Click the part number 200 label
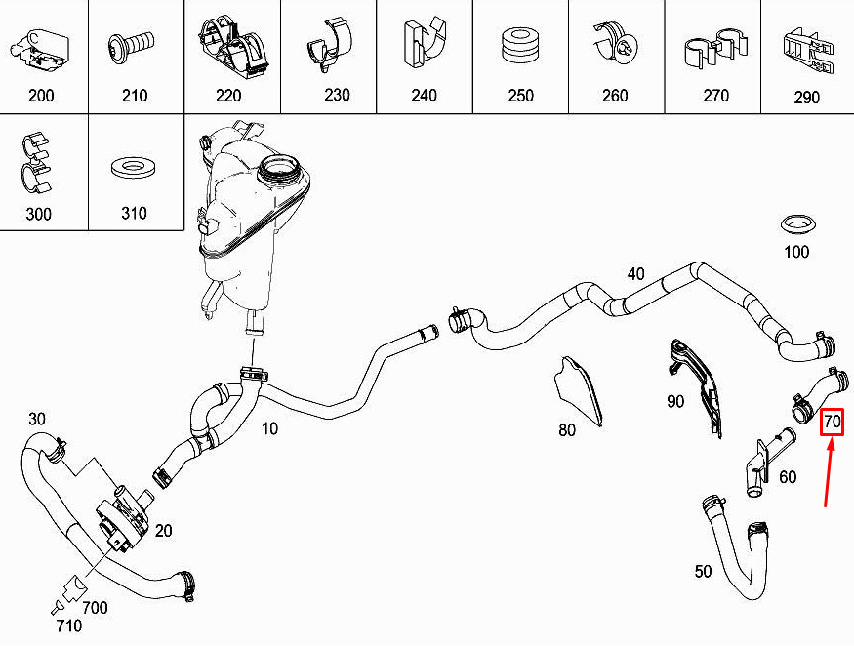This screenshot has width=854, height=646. [41, 96]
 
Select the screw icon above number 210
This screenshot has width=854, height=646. [132, 47]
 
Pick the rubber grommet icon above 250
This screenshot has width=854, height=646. [520, 46]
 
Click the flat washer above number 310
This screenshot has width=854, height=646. [134, 168]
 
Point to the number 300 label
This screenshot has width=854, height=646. [38, 213]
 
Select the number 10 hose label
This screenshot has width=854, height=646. [269, 428]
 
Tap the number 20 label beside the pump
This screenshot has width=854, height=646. [163, 530]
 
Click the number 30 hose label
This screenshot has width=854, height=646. [36, 419]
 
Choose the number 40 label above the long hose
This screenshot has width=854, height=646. [635, 273]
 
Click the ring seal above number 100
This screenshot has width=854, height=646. [798, 223]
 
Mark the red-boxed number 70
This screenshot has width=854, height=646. [833, 422]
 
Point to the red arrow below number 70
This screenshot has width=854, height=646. [829, 471]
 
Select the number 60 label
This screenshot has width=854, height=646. [788, 477]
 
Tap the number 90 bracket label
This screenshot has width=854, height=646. [674, 401]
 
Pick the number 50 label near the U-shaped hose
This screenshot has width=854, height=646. [703, 571]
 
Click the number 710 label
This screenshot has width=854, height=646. [69, 626]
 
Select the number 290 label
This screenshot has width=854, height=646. [806, 97]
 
